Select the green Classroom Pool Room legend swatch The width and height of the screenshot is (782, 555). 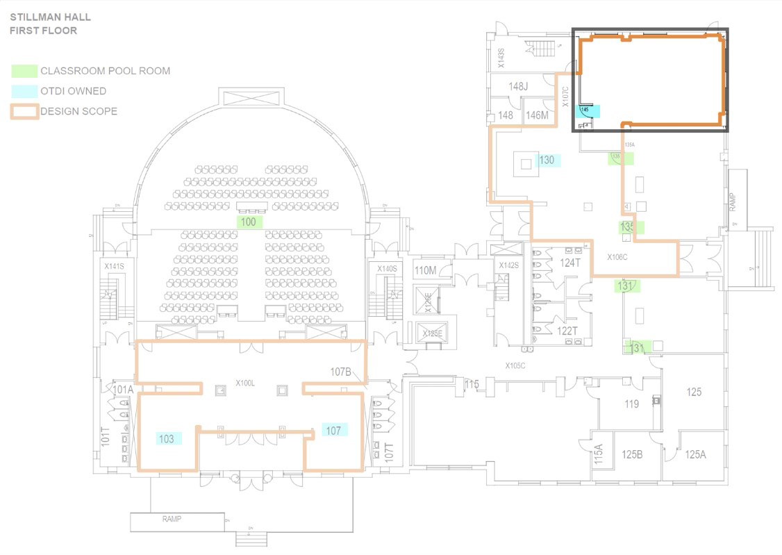(x=24, y=71)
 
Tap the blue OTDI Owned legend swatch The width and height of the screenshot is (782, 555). (x=24, y=91)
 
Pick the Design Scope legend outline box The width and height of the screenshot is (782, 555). (x=24, y=111)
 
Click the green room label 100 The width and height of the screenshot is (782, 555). (x=249, y=222)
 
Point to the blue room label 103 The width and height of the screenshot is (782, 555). (x=167, y=439)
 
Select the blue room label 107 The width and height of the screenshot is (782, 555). (x=333, y=431)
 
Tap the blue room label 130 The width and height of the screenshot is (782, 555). (x=547, y=160)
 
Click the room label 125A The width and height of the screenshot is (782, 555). (x=695, y=455)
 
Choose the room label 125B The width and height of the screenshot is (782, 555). (x=632, y=455)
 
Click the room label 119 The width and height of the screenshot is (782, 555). (x=631, y=404)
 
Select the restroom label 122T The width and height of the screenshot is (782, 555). (x=567, y=331)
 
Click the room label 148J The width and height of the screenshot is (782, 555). (x=518, y=87)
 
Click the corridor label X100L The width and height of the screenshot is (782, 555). (x=246, y=383)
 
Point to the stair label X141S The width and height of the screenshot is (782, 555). (x=114, y=267)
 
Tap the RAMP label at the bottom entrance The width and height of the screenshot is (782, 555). (x=172, y=519)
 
